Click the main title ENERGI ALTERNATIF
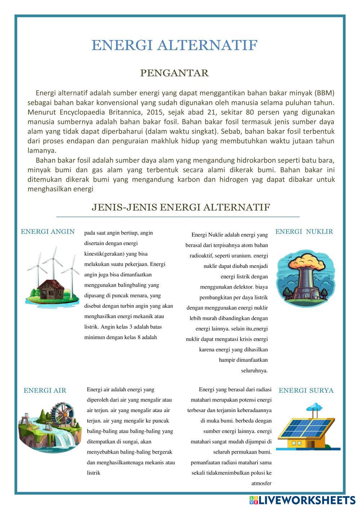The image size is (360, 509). (x=174, y=46)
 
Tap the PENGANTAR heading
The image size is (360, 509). (x=174, y=73)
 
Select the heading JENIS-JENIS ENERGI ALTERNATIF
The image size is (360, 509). (x=181, y=207)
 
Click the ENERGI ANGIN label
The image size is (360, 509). (x=48, y=232)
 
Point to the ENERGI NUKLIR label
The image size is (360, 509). (x=304, y=232)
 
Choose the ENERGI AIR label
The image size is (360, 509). (x=45, y=390)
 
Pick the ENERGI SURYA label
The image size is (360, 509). (x=306, y=390)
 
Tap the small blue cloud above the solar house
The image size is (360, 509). (x=315, y=406)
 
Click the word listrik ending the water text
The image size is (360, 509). (x=93, y=473)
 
